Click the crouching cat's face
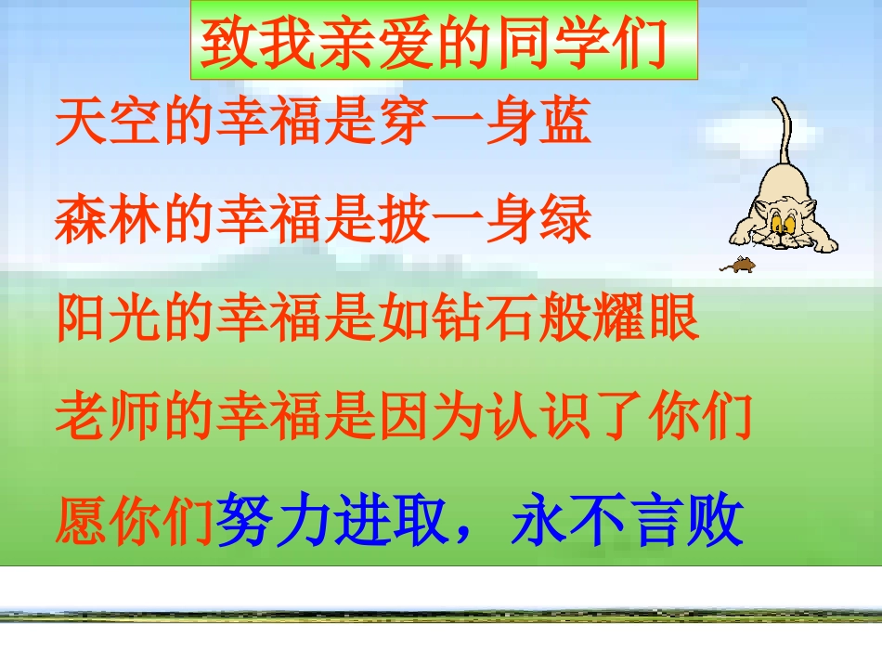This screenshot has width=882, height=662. pyautogui.click(x=779, y=222)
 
